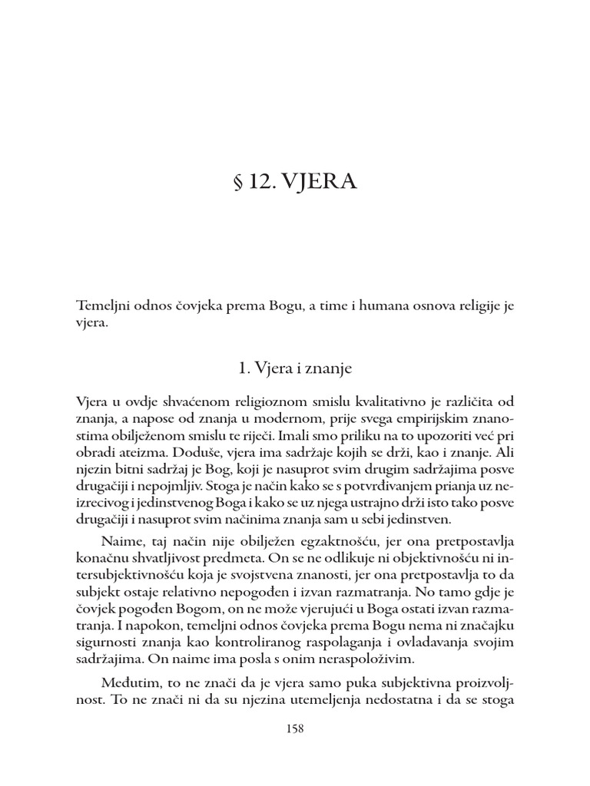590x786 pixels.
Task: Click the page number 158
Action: pyautogui.click(x=295, y=729)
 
